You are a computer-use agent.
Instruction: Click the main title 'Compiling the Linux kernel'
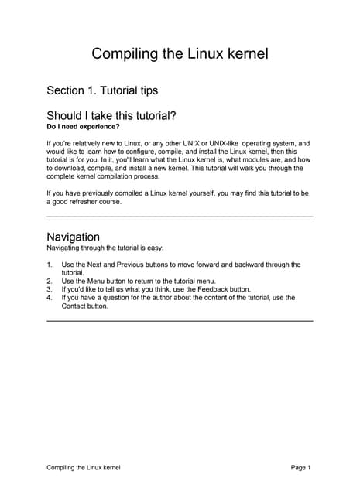pyautogui.click(x=180, y=53)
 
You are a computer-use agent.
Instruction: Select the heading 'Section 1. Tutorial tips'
pyautogui.click(x=102, y=90)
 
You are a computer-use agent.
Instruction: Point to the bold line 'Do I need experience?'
pyautogui.click(x=84, y=127)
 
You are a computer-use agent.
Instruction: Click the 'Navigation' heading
pyautogui.click(x=73, y=236)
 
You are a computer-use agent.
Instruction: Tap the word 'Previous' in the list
pyautogui.click(x=132, y=265)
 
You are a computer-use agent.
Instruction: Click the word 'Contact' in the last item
pyautogui.click(x=77, y=306)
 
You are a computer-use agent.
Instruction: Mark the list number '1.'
pyautogui.click(x=50, y=265)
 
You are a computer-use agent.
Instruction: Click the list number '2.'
pyautogui.click(x=50, y=281)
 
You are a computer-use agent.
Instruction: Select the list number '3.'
pyautogui.click(x=50, y=288)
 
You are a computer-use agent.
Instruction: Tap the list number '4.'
pyautogui.click(x=50, y=297)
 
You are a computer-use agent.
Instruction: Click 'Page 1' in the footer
pyautogui.click(x=300, y=468)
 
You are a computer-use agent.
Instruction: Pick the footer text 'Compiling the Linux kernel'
pyautogui.click(x=84, y=468)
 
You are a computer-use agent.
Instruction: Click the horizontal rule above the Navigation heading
pyautogui.click(x=180, y=217)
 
